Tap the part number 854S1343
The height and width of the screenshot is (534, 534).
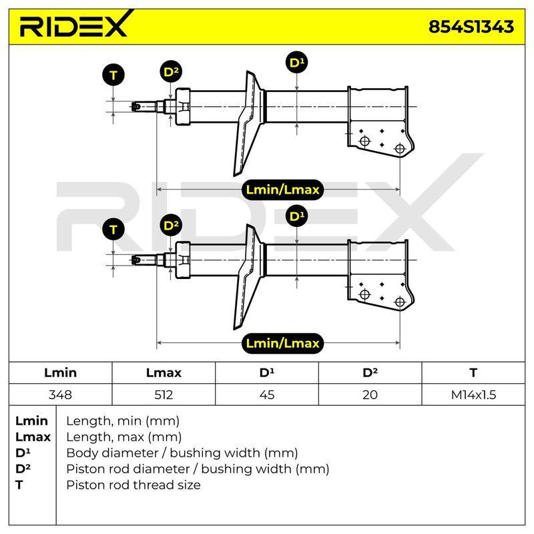click(471, 27)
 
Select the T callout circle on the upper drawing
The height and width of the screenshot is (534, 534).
click(113, 75)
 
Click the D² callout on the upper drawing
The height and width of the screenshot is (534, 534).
click(171, 72)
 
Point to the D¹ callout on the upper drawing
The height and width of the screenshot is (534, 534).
click(296, 63)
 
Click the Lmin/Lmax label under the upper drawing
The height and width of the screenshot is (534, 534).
click(282, 190)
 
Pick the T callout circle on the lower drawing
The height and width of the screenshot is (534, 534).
click(113, 229)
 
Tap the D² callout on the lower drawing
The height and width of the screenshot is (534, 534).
click(171, 226)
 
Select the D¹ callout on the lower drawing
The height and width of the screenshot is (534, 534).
click(296, 216)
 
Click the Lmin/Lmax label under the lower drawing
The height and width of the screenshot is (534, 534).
click(282, 343)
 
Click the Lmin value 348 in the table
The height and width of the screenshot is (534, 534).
click(60, 394)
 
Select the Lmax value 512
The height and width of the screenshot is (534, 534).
click(164, 394)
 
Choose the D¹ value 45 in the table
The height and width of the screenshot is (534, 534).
click(266, 394)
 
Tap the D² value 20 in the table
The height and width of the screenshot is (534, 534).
click(370, 394)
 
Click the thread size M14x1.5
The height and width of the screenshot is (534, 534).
click(473, 394)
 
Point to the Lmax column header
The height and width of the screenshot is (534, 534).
click(164, 372)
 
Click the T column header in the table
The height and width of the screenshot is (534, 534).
click(473, 372)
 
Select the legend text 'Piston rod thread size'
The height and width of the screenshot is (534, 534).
click(133, 485)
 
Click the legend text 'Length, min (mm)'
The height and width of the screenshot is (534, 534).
click(123, 421)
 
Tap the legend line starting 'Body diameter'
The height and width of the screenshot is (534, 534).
click(182, 453)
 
